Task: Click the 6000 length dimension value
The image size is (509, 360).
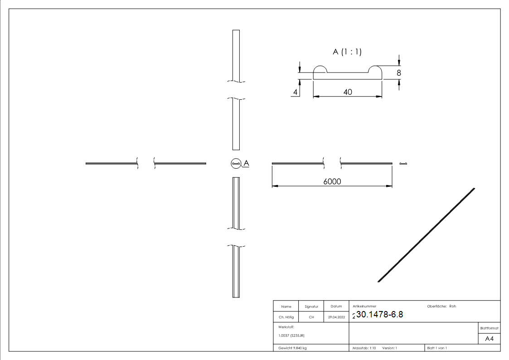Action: [x=332, y=181]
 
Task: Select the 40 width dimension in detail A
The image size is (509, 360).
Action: [x=348, y=92]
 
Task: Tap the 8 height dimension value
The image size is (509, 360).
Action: [x=398, y=73]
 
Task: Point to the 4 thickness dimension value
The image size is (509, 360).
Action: [x=296, y=92]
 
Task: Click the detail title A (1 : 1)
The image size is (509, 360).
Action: [x=347, y=52]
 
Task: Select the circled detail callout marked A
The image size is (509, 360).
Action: [x=236, y=163]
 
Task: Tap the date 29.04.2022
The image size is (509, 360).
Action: [x=336, y=317]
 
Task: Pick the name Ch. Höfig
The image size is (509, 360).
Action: [x=286, y=317]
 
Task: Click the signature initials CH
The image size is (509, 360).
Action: [x=311, y=317]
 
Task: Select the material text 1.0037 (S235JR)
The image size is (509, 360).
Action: [x=291, y=335]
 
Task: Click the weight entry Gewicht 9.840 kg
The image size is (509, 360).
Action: [x=292, y=348]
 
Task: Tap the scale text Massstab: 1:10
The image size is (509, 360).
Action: [x=364, y=348]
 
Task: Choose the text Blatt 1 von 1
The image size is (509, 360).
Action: [x=437, y=348]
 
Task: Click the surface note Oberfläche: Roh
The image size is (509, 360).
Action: [x=441, y=306]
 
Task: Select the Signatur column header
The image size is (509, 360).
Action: [x=311, y=306]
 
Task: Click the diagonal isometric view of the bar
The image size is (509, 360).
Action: [x=426, y=235]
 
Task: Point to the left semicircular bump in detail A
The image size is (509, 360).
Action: [x=320, y=69]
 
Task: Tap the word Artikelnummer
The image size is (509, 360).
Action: [x=364, y=306]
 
